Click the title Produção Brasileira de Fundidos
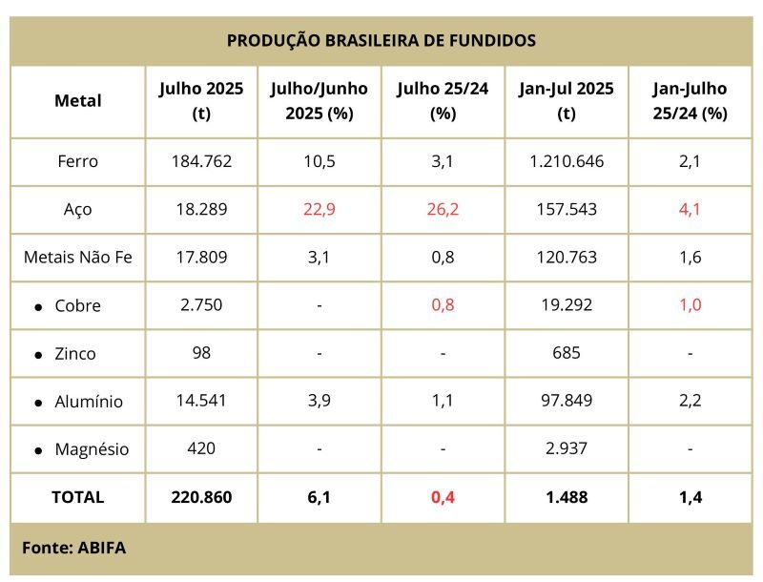(x=381, y=40)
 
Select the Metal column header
(x=78, y=101)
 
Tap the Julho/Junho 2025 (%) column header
(x=320, y=101)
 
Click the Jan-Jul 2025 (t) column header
(x=567, y=101)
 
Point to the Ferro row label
(x=78, y=161)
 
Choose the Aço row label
(x=78, y=210)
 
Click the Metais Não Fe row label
(x=78, y=257)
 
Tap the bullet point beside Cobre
(x=38, y=307)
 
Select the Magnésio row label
(x=92, y=448)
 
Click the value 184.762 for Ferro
(x=201, y=161)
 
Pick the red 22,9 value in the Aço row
(x=320, y=209)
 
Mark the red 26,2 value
(x=443, y=209)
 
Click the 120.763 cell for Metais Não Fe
(x=567, y=257)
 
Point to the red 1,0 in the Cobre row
(x=690, y=305)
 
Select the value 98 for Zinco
(x=201, y=353)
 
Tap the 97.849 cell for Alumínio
(x=567, y=401)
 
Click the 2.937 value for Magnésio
(x=567, y=448)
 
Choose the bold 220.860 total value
(x=201, y=497)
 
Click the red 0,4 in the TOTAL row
(x=443, y=497)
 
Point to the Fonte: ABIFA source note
(x=74, y=548)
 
